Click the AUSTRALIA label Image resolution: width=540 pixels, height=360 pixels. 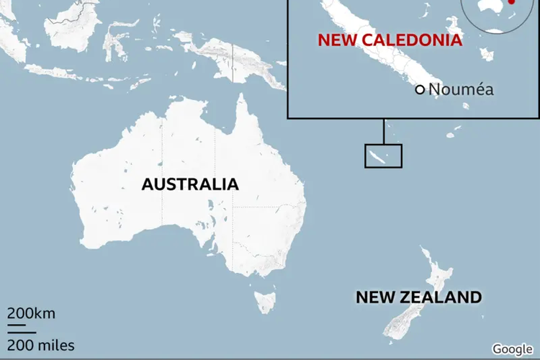tap(190, 184)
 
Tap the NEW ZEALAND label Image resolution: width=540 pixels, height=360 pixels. tap(418, 297)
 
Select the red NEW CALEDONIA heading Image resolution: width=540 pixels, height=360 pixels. tap(390, 40)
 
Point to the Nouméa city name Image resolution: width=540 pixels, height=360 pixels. tap(461, 89)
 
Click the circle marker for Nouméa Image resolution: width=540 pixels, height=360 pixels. tap(420, 89)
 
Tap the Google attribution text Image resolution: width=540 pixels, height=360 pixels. tap(513, 348)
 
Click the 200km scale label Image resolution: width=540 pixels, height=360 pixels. tap(31, 314)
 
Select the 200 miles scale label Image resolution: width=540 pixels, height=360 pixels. tap(40, 345)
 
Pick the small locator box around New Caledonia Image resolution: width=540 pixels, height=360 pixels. tap(383, 156)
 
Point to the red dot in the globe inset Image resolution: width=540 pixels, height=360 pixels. tap(511, 2)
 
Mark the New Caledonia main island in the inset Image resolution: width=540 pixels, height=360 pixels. tap(374, 43)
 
